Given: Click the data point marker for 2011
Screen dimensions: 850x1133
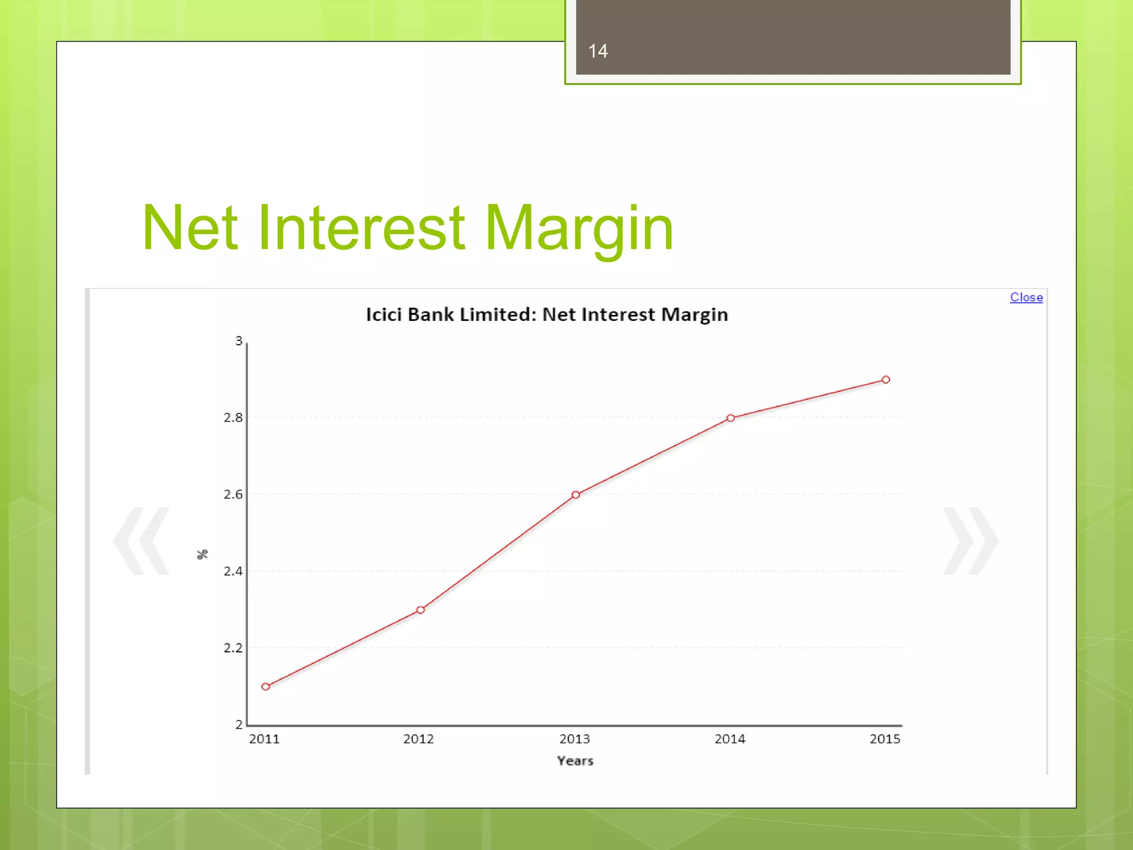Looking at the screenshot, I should click(x=266, y=686).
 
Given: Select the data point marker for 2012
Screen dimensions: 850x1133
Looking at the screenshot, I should click(x=420, y=610).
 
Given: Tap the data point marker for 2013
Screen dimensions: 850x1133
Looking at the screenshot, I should click(x=575, y=495).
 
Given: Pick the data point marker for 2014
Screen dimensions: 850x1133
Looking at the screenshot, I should click(x=730, y=418).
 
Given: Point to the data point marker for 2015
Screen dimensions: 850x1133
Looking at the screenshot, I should click(x=886, y=380).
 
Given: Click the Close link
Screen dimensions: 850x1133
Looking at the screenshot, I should click(x=1026, y=297).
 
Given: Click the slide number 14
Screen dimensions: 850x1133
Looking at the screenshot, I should click(x=597, y=51).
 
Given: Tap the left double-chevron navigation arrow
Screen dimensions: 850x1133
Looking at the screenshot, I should click(x=142, y=541).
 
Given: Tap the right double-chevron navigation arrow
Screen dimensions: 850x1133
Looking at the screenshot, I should click(x=970, y=541).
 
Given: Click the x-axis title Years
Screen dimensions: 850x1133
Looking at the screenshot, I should click(x=575, y=760).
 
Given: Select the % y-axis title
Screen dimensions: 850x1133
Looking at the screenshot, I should click(x=202, y=554).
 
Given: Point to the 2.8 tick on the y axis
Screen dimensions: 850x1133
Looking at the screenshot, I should click(x=233, y=417).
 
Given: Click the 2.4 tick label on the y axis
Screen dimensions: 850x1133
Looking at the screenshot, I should click(x=233, y=571).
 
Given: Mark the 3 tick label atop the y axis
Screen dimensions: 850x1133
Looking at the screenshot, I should click(x=238, y=341).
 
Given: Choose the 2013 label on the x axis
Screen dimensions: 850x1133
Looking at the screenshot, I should click(x=574, y=739).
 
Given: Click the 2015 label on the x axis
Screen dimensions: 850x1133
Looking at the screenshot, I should click(x=885, y=739).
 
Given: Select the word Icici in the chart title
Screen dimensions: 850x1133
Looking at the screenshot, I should click(x=383, y=314).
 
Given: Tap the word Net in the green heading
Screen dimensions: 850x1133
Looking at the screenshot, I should click(x=190, y=228).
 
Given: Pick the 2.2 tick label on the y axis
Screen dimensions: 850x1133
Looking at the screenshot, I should click(x=233, y=647).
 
